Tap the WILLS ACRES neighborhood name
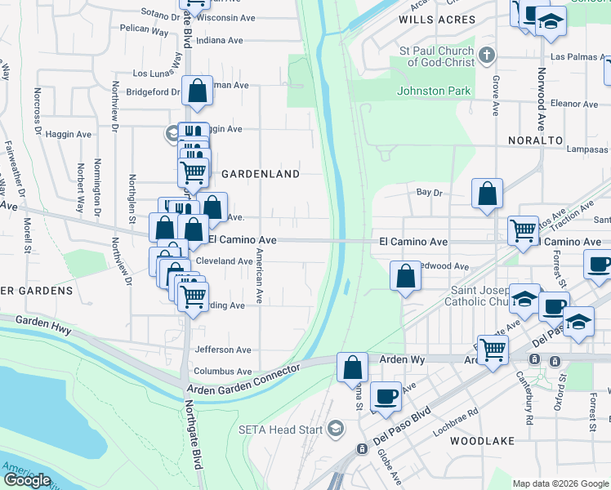tap(436, 19)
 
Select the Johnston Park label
tap(434, 91)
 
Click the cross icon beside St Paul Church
tap(487, 56)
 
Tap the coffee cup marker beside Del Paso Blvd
tap(386, 396)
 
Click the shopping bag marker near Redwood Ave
tap(405, 276)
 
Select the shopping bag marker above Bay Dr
tap(487, 194)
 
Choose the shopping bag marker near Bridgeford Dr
tap(198, 91)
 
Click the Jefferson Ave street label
tap(223, 350)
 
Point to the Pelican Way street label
tap(143, 32)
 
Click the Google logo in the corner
tap(27, 480)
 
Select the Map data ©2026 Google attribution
tap(560, 483)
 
